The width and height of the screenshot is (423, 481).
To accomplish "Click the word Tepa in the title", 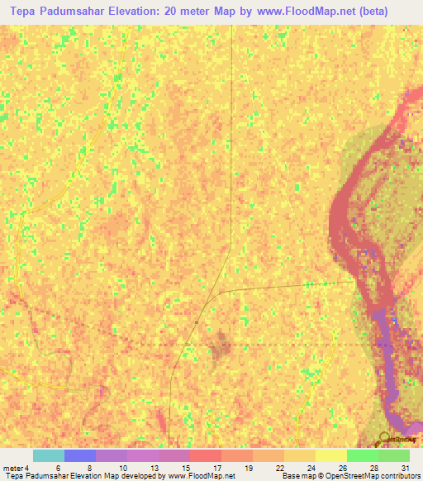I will (x=26, y=12).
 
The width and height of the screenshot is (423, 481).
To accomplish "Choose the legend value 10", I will (x=121, y=468).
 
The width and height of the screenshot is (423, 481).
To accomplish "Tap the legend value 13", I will (x=154, y=468).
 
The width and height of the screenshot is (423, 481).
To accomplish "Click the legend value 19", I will (x=249, y=468).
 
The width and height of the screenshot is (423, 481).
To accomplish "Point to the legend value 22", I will (x=281, y=468).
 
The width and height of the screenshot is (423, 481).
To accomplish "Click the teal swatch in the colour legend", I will (x=49, y=455).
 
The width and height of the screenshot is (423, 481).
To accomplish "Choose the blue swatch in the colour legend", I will (x=80, y=455).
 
